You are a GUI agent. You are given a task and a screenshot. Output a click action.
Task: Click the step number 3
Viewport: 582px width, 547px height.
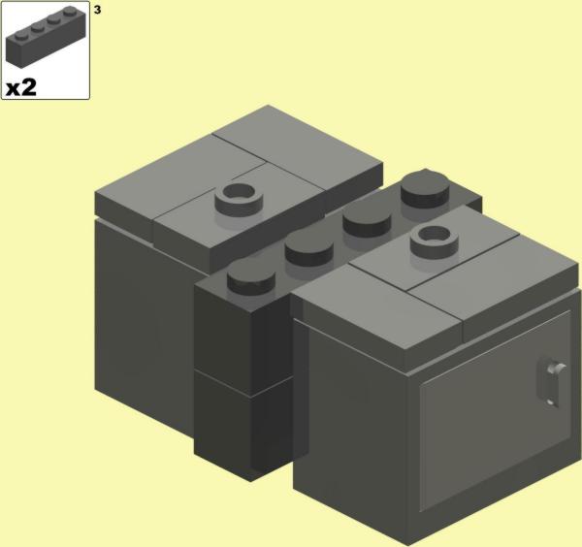click(x=97, y=10)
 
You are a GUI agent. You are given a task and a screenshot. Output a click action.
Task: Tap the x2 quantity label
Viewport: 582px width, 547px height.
click(x=21, y=87)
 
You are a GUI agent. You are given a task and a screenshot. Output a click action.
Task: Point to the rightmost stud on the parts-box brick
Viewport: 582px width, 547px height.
click(x=70, y=12)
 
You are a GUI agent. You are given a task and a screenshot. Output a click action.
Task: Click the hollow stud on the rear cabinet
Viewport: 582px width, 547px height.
click(x=239, y=198)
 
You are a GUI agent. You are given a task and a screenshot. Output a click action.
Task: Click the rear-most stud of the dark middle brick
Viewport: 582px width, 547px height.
click(x=425, y=188)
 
